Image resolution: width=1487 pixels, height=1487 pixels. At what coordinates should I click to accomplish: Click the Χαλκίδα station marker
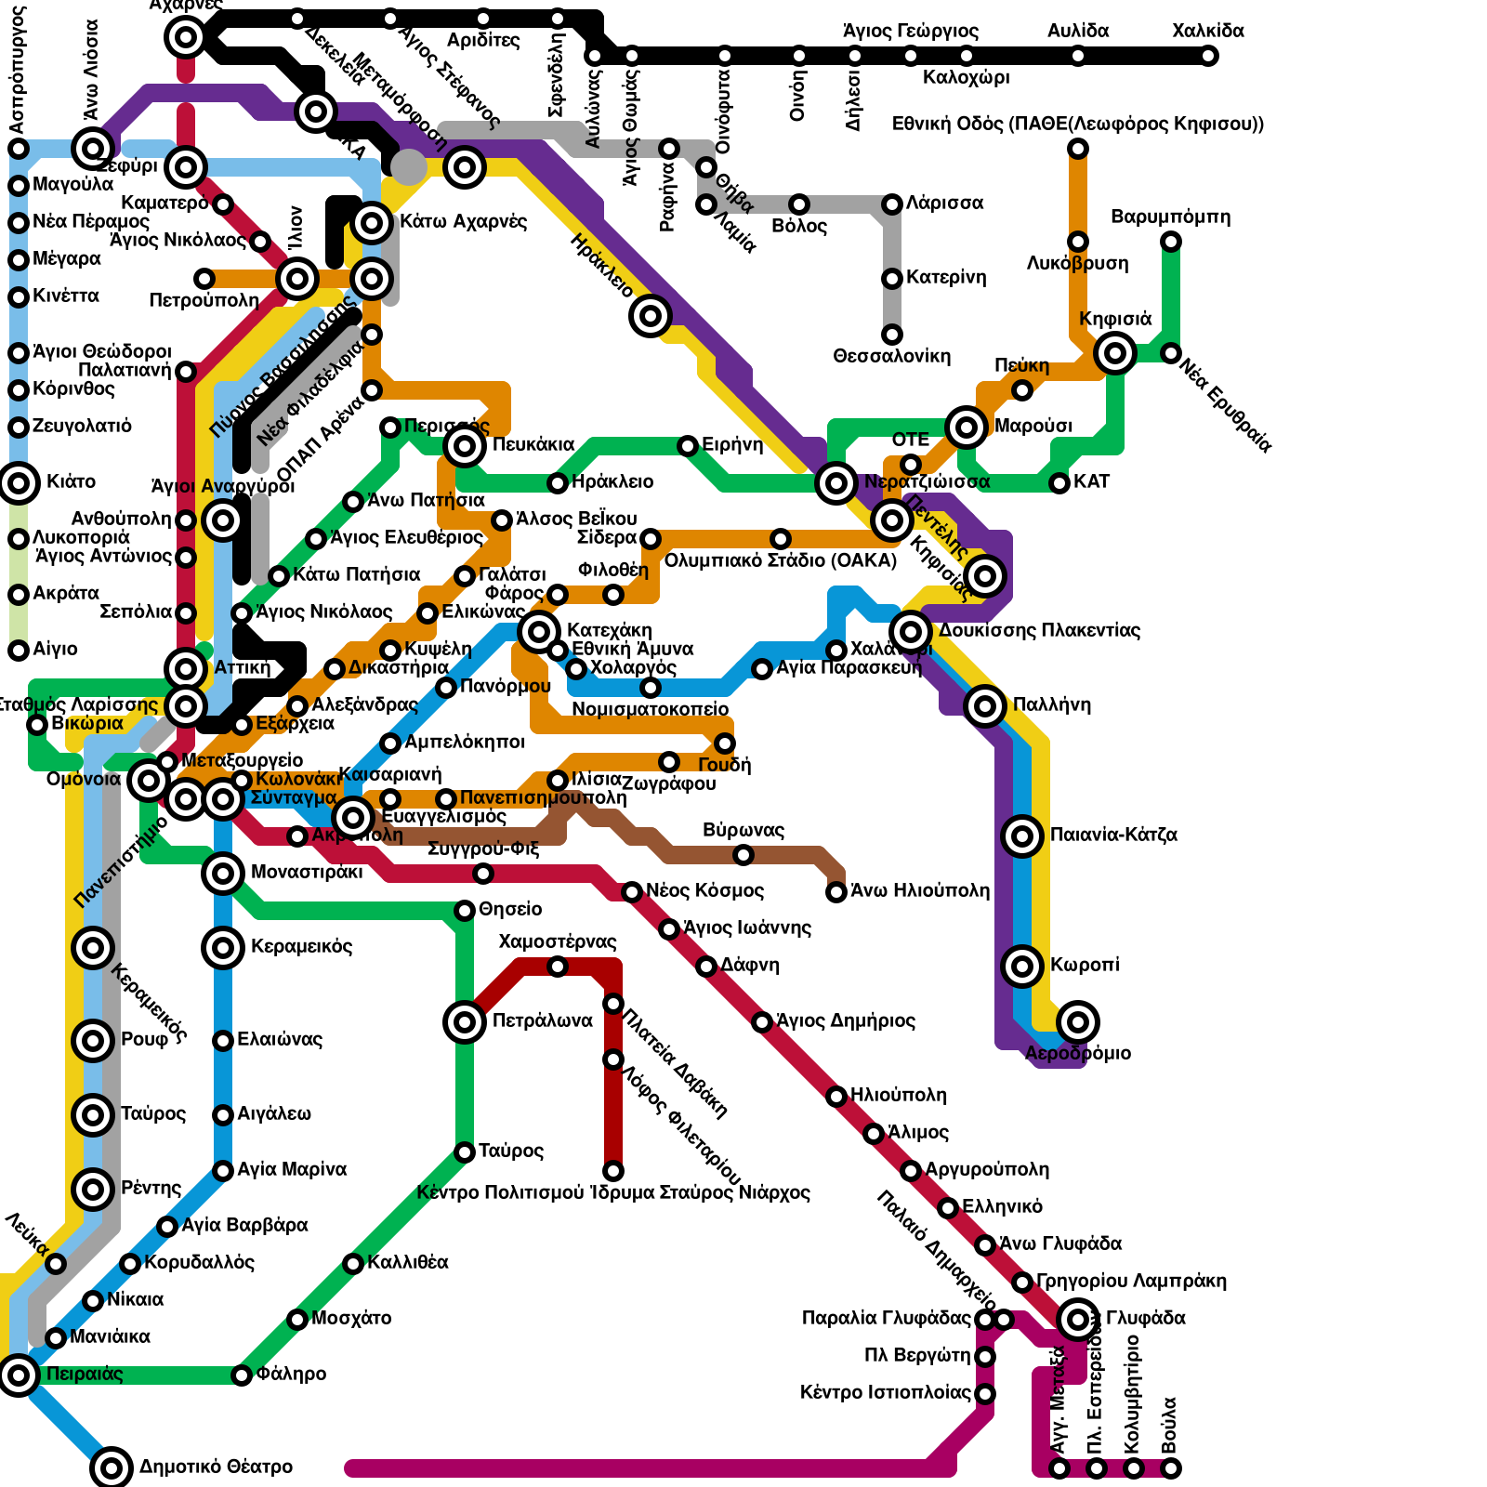tap(1208, 56)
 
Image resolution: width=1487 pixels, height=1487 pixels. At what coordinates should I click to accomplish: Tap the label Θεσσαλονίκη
tap(891, 356)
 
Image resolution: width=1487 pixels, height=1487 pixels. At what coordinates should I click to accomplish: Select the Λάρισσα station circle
tap(892, 204)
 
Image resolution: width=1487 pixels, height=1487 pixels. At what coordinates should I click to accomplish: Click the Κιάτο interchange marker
tap(19, 483)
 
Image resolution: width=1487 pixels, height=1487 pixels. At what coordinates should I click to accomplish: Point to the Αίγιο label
tap(55, 649)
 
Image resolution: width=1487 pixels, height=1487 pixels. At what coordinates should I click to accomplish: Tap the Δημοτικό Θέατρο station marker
tap(112, 1467)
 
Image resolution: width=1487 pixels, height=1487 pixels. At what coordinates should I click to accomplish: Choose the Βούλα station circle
tap(1171, 1468)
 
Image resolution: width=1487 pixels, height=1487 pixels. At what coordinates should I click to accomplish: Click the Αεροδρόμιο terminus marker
tap(1078, 1022)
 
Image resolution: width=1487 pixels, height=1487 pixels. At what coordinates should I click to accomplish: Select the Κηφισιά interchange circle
tap(1115, 353)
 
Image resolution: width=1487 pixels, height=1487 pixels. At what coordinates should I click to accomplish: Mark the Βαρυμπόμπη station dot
tap(1171, 242)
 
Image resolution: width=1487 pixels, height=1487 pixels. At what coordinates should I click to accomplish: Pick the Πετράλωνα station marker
tap(465, 1022)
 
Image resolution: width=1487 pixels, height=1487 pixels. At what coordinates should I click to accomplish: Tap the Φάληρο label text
tap(291, 1374)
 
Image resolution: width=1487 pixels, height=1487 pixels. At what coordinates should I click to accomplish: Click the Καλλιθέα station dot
tap(353, 1263)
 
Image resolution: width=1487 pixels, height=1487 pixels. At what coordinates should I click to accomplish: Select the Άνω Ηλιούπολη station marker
tap(836, 892)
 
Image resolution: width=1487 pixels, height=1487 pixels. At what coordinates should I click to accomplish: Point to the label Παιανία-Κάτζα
tap(1113, 835)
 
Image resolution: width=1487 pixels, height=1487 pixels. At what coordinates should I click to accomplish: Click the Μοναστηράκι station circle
tap(223, 873)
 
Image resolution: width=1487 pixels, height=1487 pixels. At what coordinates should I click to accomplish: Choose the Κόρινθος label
tap(73, 388)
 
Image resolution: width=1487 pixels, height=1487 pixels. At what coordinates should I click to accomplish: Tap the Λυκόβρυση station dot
tap(1078, 242)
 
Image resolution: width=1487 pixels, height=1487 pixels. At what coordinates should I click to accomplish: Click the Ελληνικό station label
tap(1002, 1206)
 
